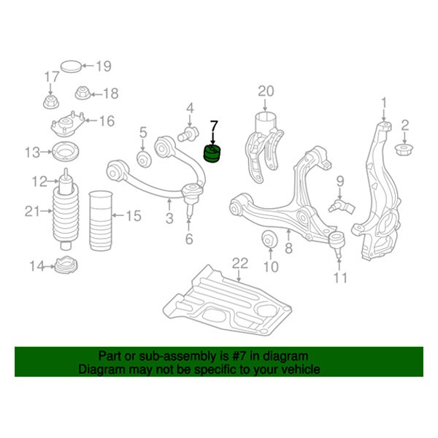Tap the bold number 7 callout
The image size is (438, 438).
[x=214, y=126]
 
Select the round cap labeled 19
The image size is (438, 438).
[x=72, y=66]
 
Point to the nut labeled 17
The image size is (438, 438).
[x=51, y=102]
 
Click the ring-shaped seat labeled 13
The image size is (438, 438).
[x=66, y=152]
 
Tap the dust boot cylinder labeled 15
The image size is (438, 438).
[x=101, y=220]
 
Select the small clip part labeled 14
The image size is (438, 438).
[x=66, y=265]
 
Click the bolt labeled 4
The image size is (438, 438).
[x=188, y=134]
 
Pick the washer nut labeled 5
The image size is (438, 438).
[x=144, y=159]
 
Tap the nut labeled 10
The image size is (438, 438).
[x=269, y=239]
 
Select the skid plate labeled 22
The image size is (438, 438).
[x=228, y=300]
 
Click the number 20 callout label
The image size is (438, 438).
[x=266, y=91]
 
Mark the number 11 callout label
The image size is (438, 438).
[x=340, y=277]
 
